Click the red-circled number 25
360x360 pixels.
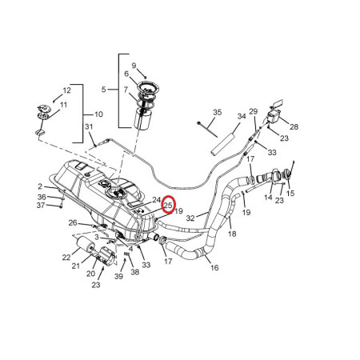point(168,206)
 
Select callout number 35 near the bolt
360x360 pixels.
point(217,112)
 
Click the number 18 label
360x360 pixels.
point(232,234)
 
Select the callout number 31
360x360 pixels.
point(89,128)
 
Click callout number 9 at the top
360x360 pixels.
point(134,65)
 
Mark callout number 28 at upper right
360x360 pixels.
point(294,127)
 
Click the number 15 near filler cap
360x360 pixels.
point(290,193)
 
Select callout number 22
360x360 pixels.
point(66,257)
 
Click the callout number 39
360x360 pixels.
point(119,276)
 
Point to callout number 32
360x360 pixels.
point(190,217)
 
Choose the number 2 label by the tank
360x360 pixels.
point(39,186)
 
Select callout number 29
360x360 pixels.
point(253,111)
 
